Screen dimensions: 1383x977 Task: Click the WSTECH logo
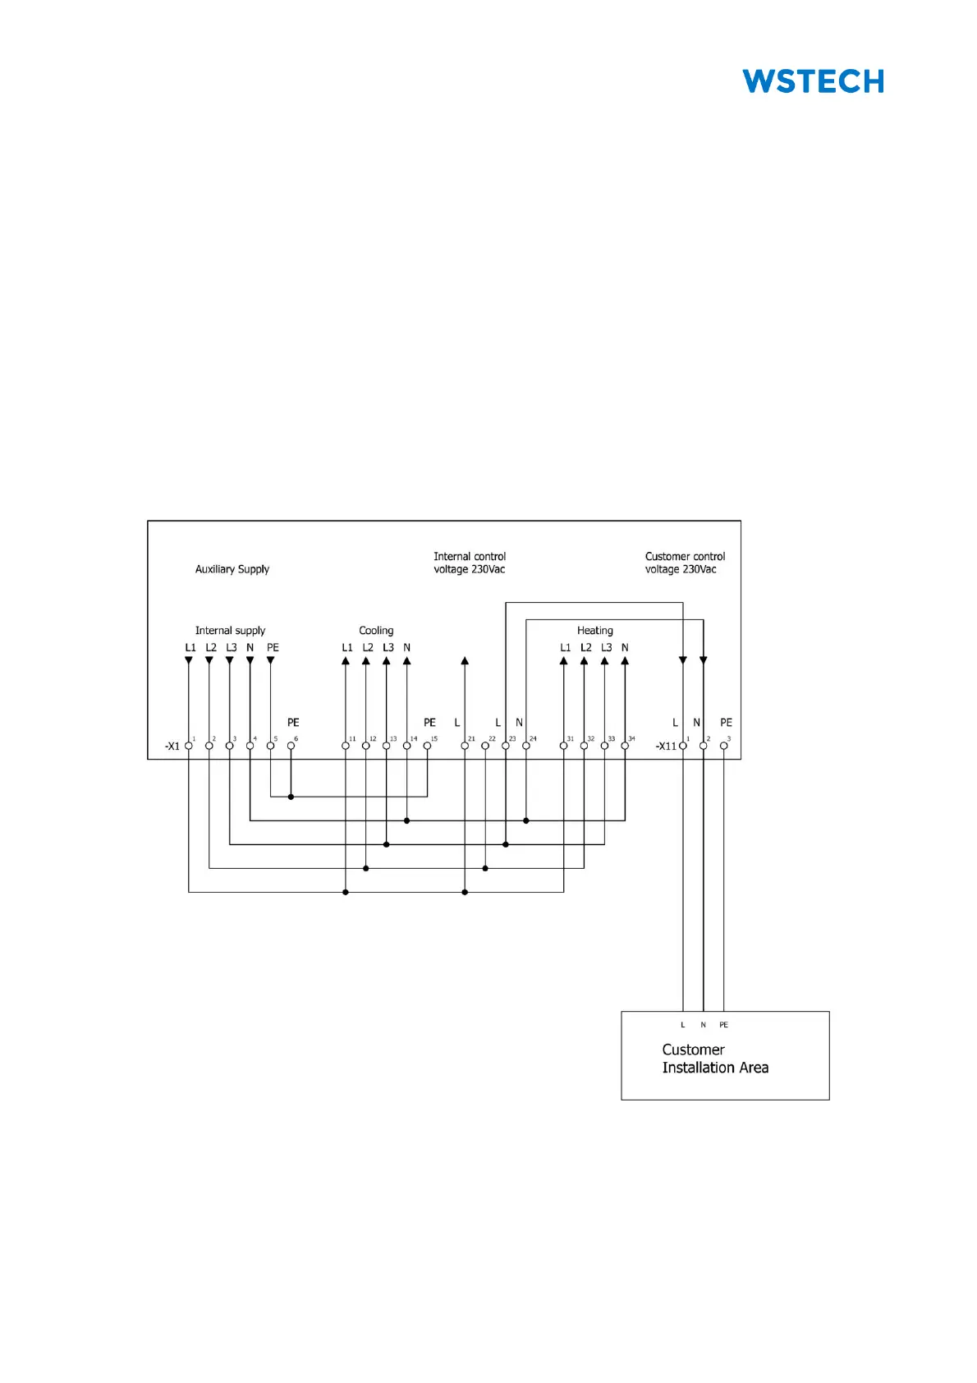tap(813, 81)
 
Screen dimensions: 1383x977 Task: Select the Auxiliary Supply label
tap(232, 569)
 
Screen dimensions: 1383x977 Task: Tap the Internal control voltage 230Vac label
tap(470, 563)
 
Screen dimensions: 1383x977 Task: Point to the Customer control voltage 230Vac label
tap(685, 563)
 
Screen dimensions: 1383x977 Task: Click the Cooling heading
tap(376, 631)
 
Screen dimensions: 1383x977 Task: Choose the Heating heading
tap(594, 631)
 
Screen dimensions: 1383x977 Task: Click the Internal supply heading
tap(230, 631)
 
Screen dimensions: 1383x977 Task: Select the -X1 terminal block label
tap(172, 747)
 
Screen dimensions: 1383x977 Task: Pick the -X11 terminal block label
tap(666, 747)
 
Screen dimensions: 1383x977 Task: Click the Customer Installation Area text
tap(715, 1059)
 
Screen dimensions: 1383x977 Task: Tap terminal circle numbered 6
tap(291, 746)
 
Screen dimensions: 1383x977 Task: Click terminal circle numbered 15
tap(427, 746)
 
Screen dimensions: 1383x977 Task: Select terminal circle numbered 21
tap(465, 746)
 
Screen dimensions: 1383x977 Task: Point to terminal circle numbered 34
tap(625, 746)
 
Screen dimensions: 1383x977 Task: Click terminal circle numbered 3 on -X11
tap(723, 746)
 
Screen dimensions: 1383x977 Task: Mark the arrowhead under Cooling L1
tap(346, 660)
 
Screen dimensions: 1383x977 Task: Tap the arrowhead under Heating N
tap(625, 660)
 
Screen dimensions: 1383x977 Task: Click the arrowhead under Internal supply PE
tap(270, 660)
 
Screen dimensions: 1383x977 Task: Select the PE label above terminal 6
tap(293, 723)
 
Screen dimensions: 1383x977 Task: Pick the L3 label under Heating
tap(606, 648)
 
